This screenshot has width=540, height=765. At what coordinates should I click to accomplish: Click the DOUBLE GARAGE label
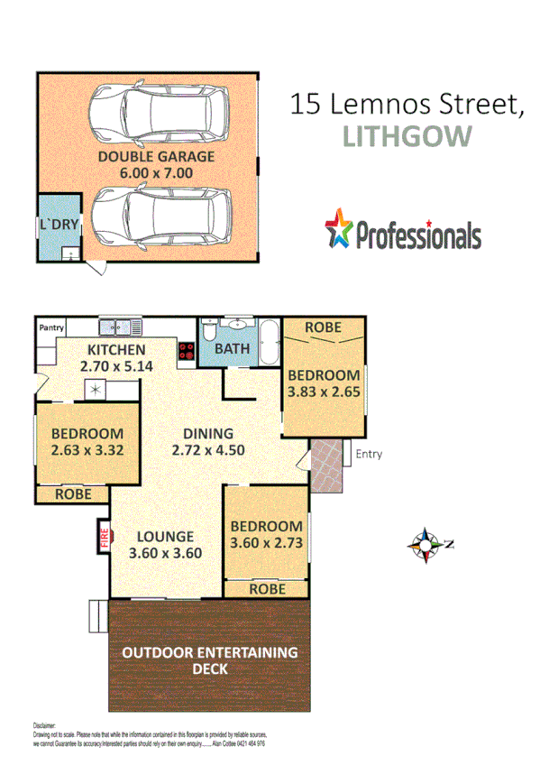point(157,156)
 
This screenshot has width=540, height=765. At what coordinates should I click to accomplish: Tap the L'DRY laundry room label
point(57,224)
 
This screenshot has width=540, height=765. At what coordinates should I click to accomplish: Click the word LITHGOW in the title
point(407,136)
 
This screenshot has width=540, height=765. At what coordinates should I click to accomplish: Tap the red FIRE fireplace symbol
point(104,539)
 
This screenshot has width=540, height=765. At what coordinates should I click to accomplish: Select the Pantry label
point(51,328)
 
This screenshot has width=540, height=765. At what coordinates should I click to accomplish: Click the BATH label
point(232,348)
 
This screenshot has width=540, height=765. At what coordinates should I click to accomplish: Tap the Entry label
point(368,454)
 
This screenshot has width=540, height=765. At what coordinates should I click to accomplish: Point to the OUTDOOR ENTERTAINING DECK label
point(209,660)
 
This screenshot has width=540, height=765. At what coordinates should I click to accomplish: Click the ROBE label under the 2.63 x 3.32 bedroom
point(72,494)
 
